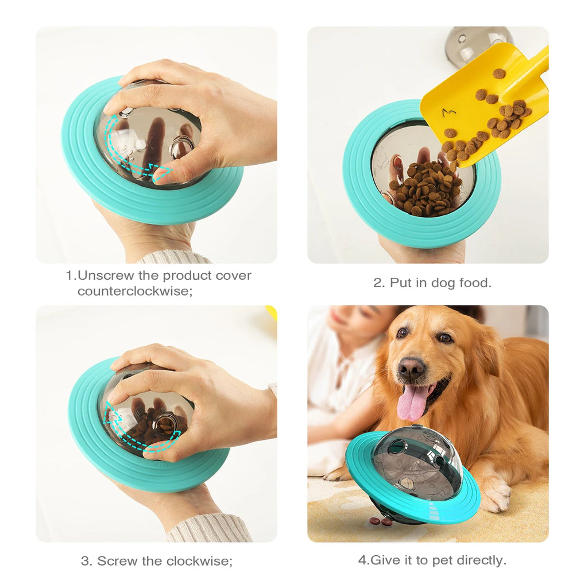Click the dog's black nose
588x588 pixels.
412,367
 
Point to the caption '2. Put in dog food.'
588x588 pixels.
432,283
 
